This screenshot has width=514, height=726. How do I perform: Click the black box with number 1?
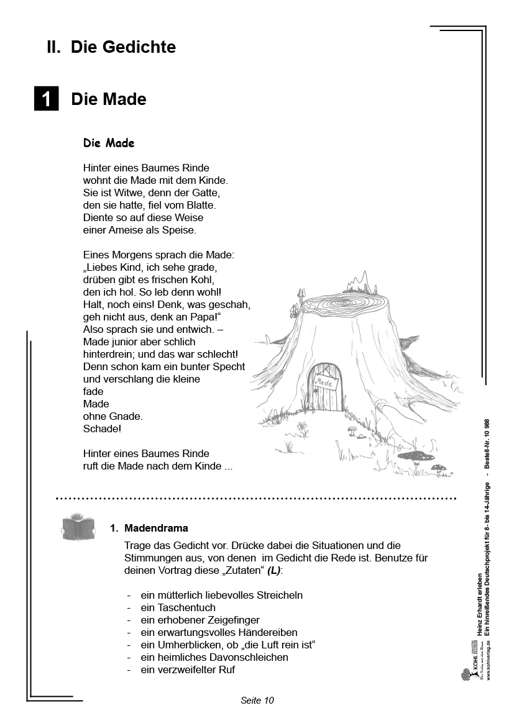[46, 99]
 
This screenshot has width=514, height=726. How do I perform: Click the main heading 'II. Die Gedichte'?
[111, 47]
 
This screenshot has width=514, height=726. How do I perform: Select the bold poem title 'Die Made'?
[109, 143]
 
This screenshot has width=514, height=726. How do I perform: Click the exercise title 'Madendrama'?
[156, 528]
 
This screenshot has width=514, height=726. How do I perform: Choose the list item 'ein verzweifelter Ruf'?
[188, 669]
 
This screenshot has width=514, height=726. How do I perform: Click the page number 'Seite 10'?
[257, 700]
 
